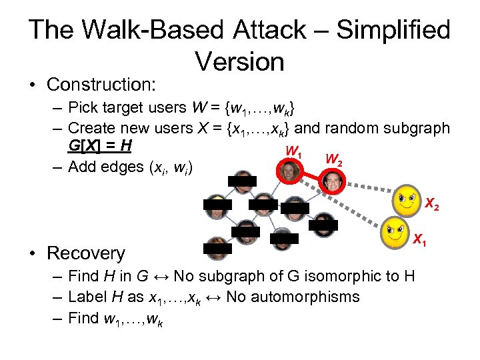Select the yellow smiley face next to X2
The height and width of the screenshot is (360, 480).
coord(408,199)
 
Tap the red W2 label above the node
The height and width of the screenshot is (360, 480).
coord(334,159)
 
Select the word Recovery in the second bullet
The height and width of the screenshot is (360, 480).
coord(85,253)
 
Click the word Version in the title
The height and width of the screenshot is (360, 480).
coord(239,61)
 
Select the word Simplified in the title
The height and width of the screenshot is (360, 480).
coord(393,30)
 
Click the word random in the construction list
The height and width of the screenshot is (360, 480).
coord(355,127)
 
